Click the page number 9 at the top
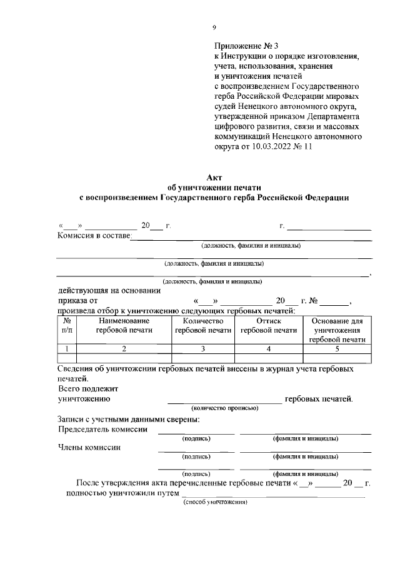[x=214, y=27]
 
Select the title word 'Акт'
[x=214, y=178]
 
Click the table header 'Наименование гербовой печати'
[x=124, y=326]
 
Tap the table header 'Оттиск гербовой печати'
[x=269, y=326]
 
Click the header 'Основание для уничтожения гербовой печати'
[x=337, y=330]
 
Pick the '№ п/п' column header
[x=67, y=326]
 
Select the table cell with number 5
[x=337, y=349]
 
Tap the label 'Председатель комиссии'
[x=102, y=429]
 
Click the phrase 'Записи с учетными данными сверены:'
[x=129, y=419]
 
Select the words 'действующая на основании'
[x=109, y=290]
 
